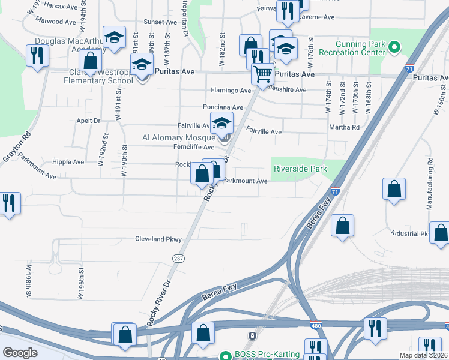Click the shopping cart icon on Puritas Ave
[x=263, y=74]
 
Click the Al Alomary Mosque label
[x=178, y=137]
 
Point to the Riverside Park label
[x=300, y=169]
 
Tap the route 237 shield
[x=179, y=258]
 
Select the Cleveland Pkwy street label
[x=158, y=239]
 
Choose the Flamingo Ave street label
[x=231, y=91]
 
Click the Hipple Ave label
[x=68, y=162]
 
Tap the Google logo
[x=20, y=353]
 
